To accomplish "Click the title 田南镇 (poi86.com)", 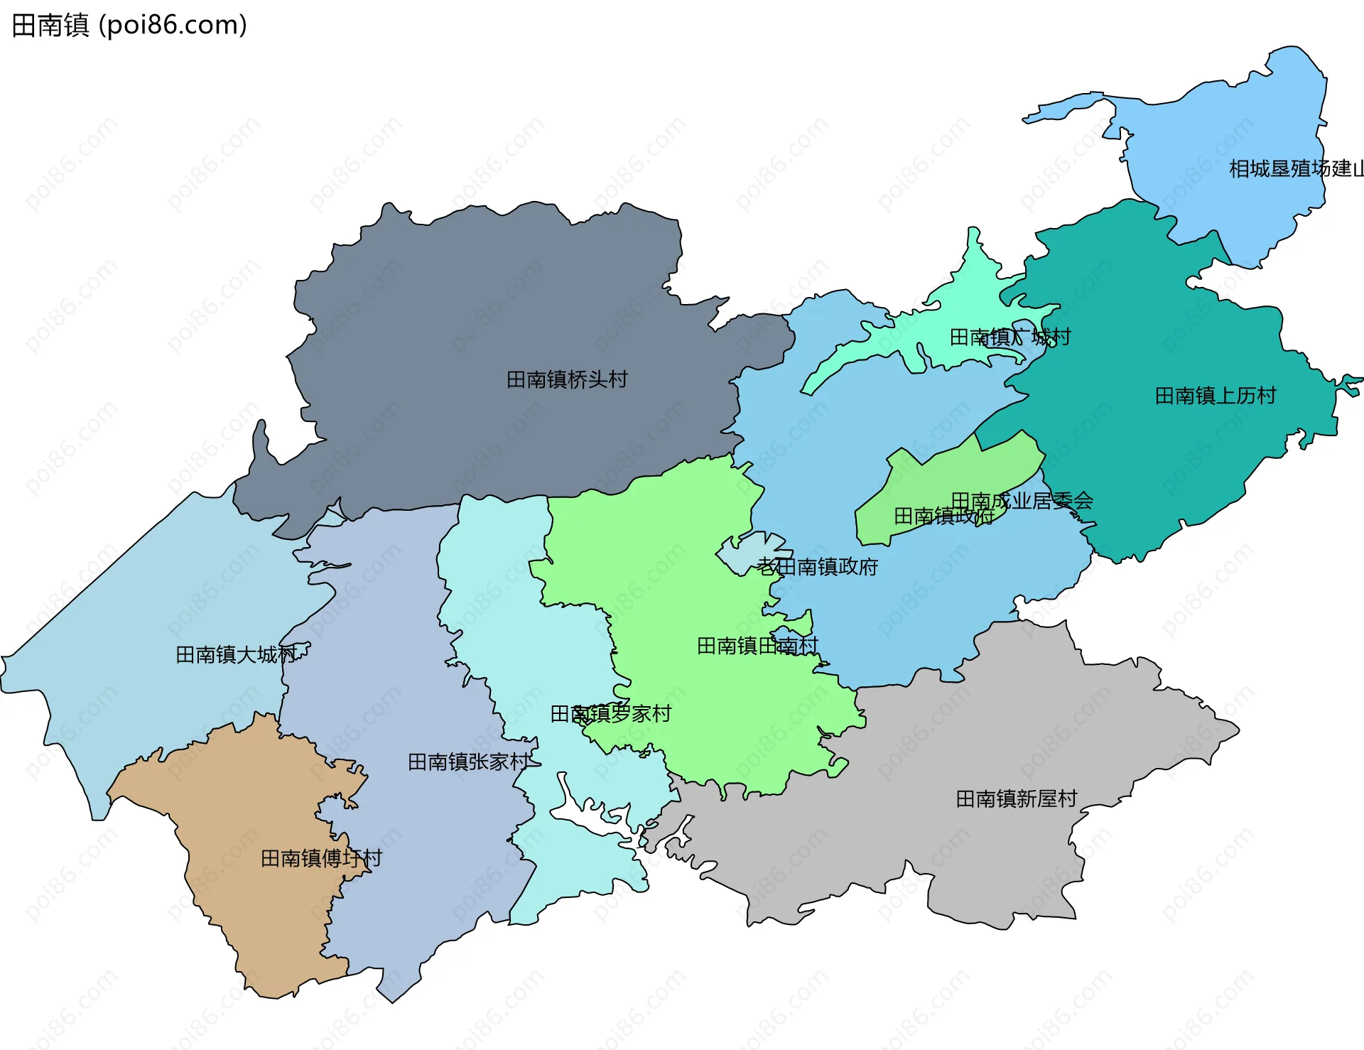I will (129, 25).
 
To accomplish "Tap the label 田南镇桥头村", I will (567, 379).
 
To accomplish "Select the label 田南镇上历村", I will (1215, 396).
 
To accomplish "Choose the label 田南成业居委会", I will (1022, 501).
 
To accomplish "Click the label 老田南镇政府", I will (817, 566).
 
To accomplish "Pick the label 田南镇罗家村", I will (611, 713).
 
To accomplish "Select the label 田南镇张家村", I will (469, 762).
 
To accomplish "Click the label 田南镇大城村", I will (236, 654).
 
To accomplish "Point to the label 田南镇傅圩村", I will (321, 858).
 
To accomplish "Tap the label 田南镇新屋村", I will (1016, 799).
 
